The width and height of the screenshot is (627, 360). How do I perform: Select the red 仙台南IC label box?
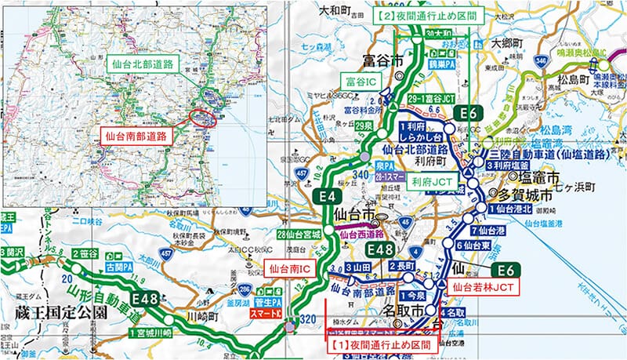click(288, 269)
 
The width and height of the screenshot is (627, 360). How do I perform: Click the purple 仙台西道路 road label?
click(361, 233)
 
